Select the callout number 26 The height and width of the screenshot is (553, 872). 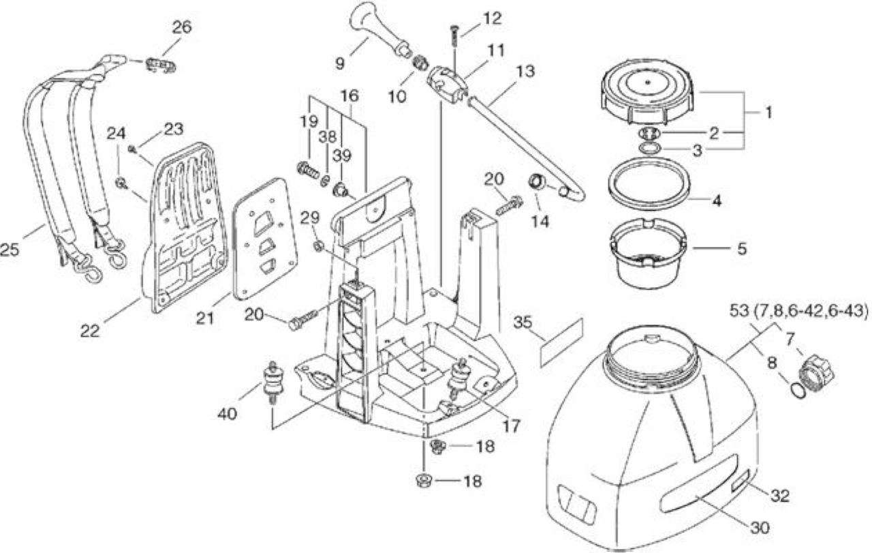point(182,27)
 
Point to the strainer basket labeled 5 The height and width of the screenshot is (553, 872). point(648,254)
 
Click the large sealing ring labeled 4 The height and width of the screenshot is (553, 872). point(648,183)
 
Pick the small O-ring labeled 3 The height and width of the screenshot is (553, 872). point(648,149)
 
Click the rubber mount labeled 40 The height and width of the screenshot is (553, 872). point(273,382)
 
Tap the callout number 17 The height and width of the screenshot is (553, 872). point(511,426)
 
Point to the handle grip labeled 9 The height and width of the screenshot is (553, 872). point(379,33)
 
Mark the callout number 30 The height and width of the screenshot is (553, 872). point(760,528)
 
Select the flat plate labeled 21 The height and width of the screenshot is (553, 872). point(264,239)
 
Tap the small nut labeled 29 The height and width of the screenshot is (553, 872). point(317,246)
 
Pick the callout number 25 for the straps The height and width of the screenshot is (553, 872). point(9,250)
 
